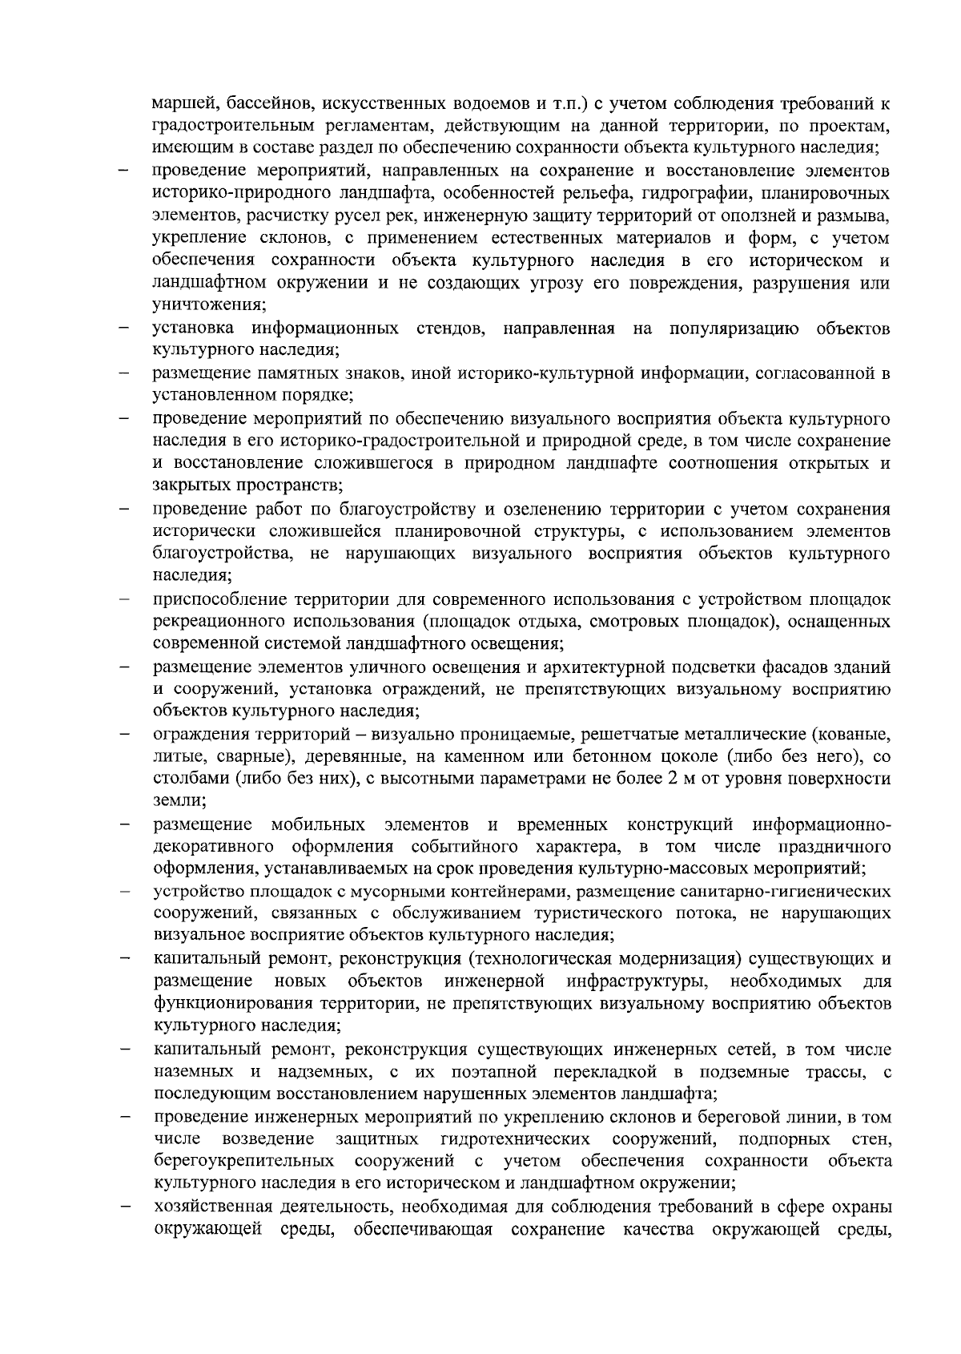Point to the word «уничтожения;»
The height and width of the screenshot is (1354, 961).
210,305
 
